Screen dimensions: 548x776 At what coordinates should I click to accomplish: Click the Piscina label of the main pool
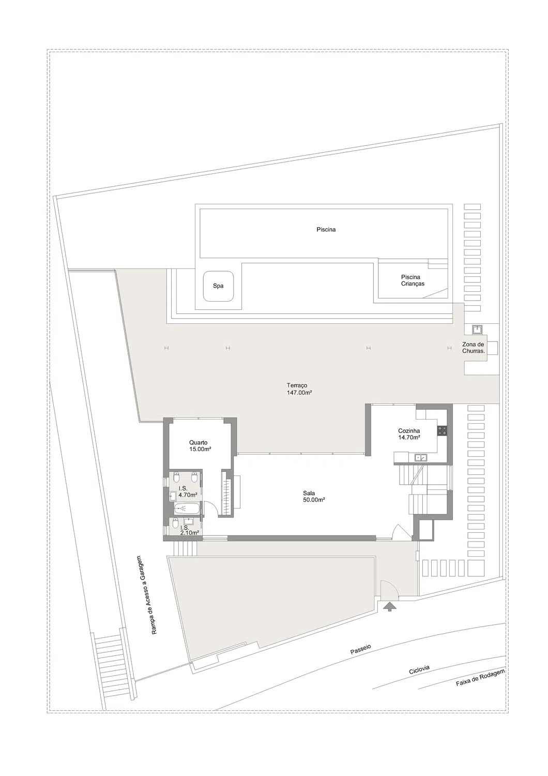point(326,229)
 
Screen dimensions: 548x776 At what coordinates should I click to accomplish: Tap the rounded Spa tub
point(218,286)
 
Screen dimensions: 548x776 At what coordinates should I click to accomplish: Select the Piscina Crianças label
point(413,280)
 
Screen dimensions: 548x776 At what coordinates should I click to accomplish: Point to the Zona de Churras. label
point(473,348)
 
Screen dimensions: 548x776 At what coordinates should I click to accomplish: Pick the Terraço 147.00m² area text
point(297,389)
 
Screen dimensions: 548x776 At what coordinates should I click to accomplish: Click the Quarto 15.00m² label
point(199,445)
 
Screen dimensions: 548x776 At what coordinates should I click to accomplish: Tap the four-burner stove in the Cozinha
point(442,430)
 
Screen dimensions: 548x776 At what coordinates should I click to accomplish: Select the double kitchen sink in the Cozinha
point(421,458)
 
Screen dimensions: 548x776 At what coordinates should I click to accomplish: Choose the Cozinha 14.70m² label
point(409,434)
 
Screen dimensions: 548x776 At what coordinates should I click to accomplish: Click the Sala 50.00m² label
point(310,497)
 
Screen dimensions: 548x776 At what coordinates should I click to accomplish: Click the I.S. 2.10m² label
point(189,530)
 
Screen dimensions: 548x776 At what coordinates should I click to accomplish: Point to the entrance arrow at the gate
point(389,606)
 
